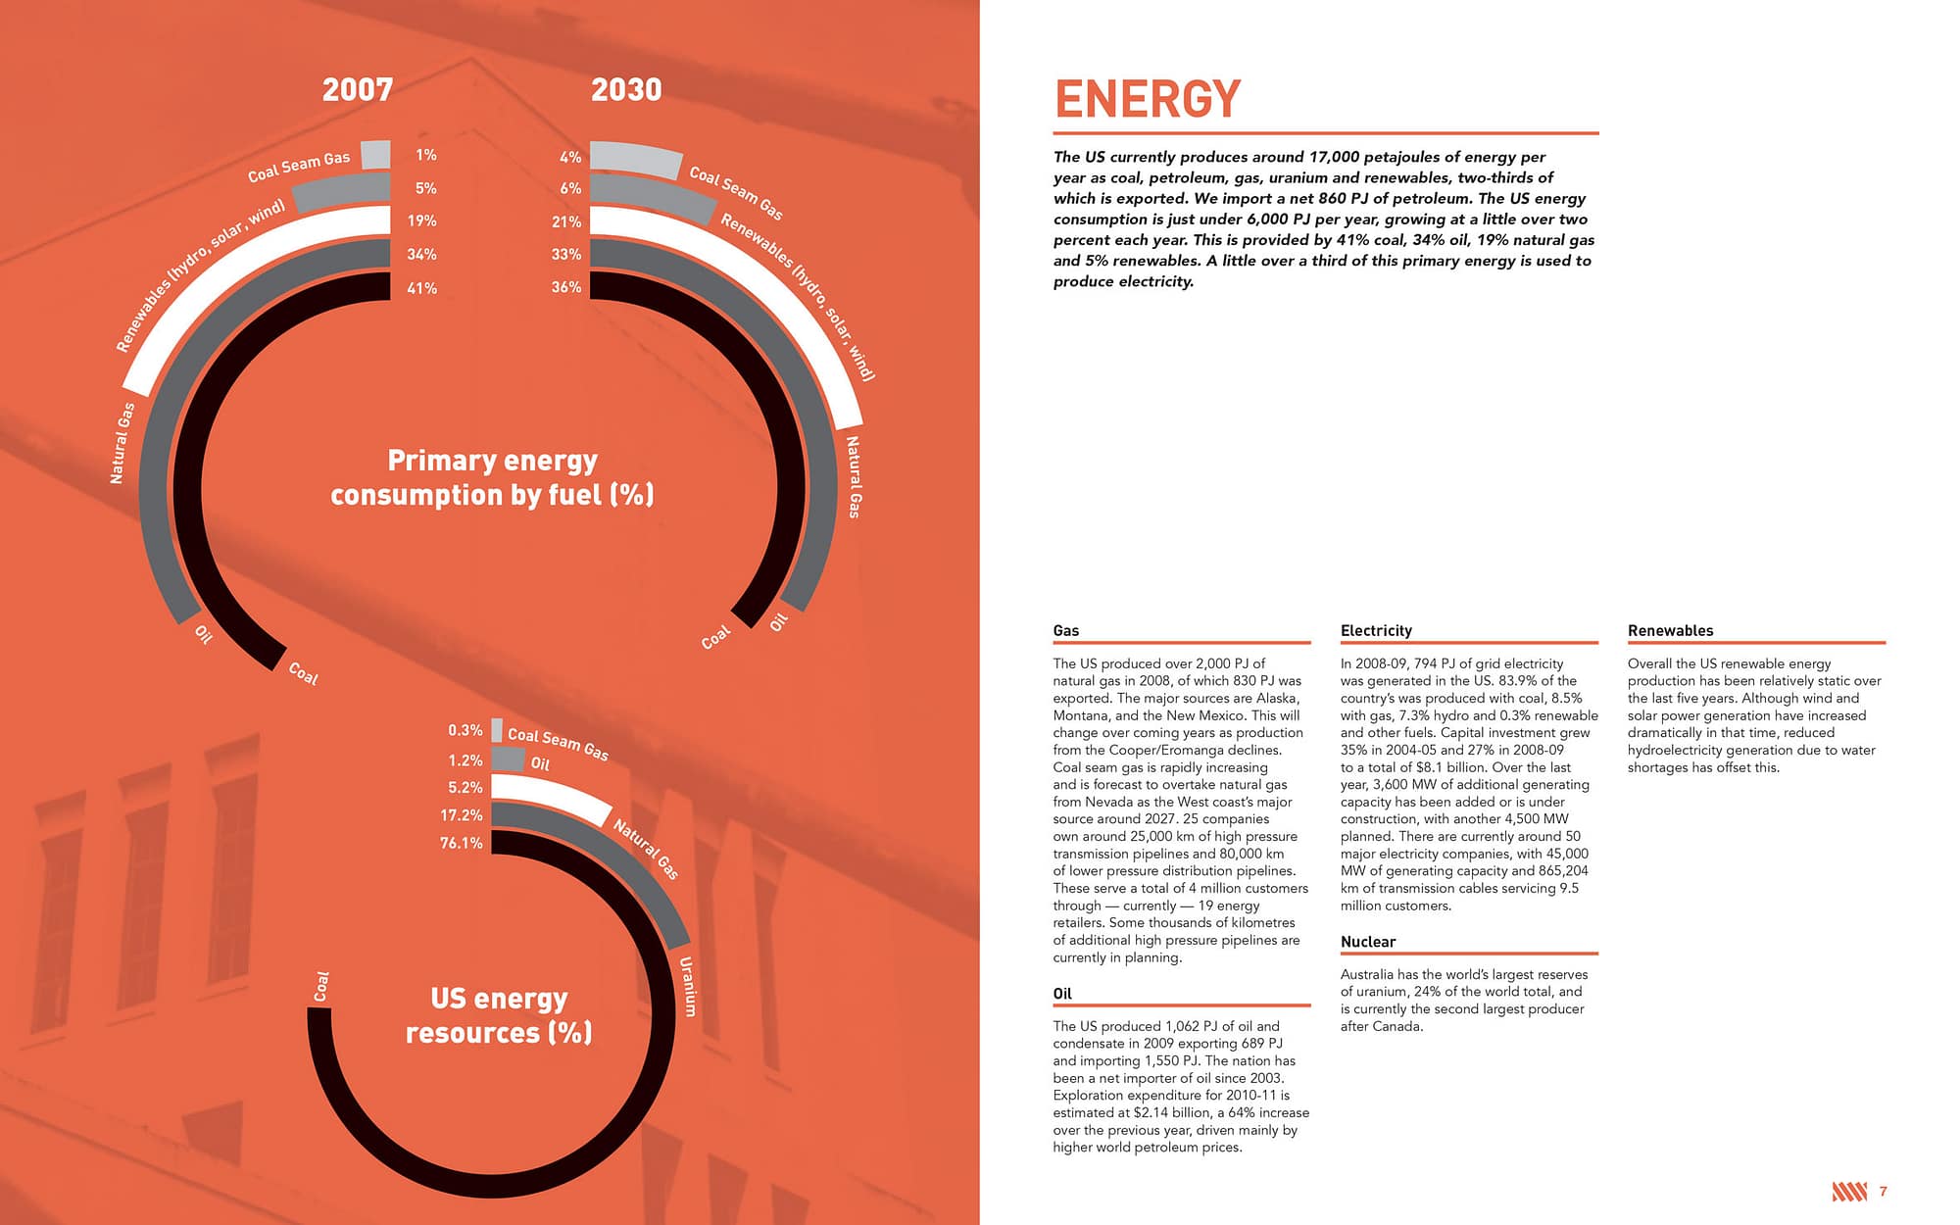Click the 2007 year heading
point(358,90)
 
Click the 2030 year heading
point(626,90)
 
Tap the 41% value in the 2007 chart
point(421,288)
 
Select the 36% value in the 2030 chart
point(566,287)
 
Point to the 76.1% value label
point(461,843)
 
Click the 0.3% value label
point(465,730)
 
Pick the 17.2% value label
point(461,815)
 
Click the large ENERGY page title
point(1148,99)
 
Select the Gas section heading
point(1065,631)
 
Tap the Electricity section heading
point(1376,631)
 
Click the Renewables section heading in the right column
point(1670,631)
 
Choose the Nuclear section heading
point(1367,942)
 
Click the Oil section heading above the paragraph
point(1062,994)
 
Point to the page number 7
point(1883,1192)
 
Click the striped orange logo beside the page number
point(1848,1192)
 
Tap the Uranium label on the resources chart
point(687,986)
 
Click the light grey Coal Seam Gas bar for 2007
point(375,154)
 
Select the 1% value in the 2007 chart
point(425,155)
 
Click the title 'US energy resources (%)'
point(499,1015)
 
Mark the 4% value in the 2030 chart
point(570,157)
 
